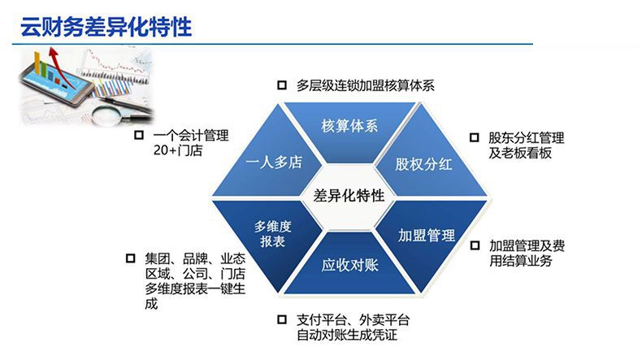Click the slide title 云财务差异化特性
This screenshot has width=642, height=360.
click(106, 27)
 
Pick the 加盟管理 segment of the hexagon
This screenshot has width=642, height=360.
click(427, 241)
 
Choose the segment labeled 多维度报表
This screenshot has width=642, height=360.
click(271, 241)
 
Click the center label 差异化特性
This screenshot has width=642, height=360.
click(349, 195)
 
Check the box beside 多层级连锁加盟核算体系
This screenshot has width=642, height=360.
click(282, 85)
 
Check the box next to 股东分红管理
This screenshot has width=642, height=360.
click(474, 137)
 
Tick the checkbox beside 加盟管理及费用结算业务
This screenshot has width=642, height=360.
click(475, 245)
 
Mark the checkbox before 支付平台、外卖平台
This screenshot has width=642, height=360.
click(282, 319)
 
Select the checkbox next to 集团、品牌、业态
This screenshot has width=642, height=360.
click(130, 258)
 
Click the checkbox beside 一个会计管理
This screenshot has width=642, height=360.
click(139, 135)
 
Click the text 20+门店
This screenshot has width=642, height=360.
click(178, 150)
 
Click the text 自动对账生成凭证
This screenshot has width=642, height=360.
click(347, 335)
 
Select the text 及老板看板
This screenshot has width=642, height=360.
click(520, 153)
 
